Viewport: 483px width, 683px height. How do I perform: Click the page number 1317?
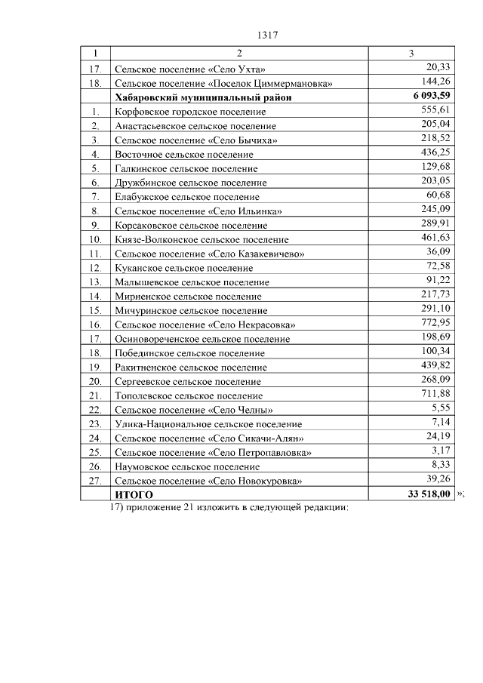pos(269,35)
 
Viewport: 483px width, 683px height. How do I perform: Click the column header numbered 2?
pos(238,54)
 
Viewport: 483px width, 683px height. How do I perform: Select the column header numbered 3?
pos(411,54)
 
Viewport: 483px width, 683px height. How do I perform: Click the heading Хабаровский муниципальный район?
pos(203,97)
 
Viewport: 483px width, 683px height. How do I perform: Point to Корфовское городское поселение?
pos(192,112)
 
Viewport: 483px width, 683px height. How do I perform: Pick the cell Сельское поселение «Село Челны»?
pos(194,410)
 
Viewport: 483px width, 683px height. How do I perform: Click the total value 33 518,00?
pos(426,494)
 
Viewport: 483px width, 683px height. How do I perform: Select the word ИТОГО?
pos(134,495)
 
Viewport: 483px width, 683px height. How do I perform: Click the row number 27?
pos(95,481)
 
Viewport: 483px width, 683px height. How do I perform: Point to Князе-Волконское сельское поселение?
pos(201,239)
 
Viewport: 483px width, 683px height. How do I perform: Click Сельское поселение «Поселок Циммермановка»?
pos(223,83)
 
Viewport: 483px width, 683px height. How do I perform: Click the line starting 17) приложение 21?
pos(229,508)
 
